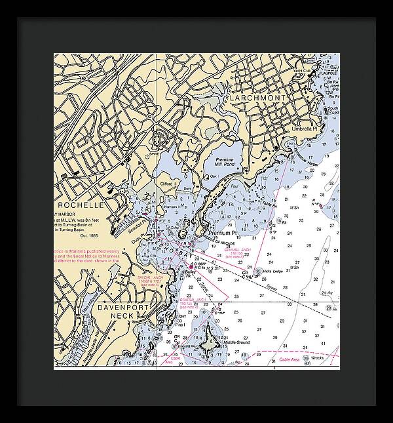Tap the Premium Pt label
point(221,233)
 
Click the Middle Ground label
point(235,342)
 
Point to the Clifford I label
point(167,184)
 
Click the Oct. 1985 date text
point(89,237)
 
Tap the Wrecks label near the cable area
point(320,358)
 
